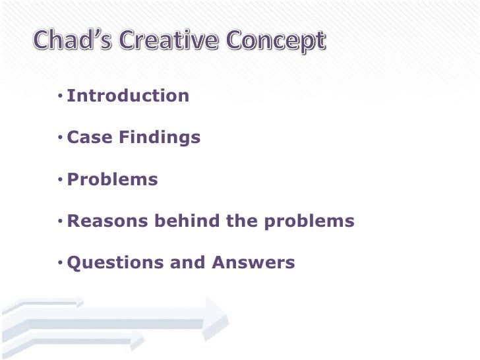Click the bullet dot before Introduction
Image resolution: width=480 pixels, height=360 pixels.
point(60,97)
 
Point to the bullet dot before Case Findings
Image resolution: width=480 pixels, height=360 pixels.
point(60,138)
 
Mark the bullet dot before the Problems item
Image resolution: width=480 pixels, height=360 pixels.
point(60,180)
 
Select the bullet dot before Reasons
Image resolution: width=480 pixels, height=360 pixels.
point(60,222)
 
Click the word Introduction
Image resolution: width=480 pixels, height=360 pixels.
point(128,96)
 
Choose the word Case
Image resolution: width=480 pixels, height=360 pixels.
point(90,138)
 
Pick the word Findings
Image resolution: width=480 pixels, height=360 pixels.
point(160,138)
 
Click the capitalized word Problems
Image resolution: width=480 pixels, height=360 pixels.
point(113,180)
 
